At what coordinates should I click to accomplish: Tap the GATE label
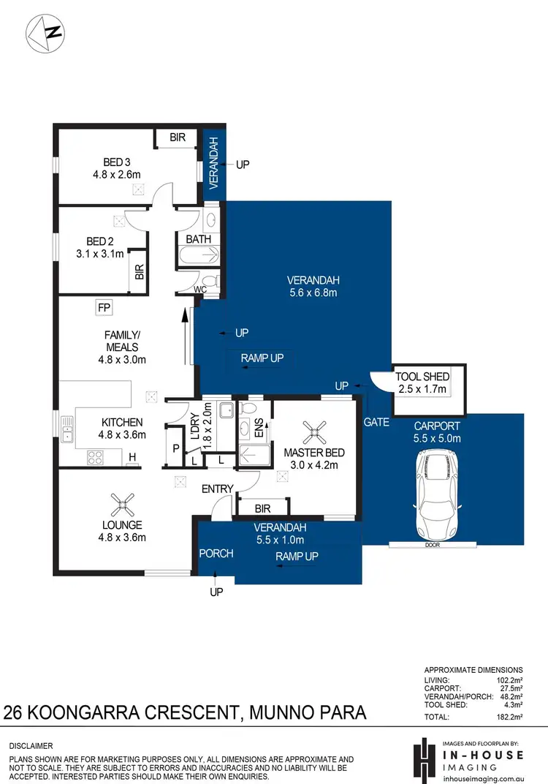[377, 422]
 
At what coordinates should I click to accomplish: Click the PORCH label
[216, 554]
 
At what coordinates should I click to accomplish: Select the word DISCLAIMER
[31, 745]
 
